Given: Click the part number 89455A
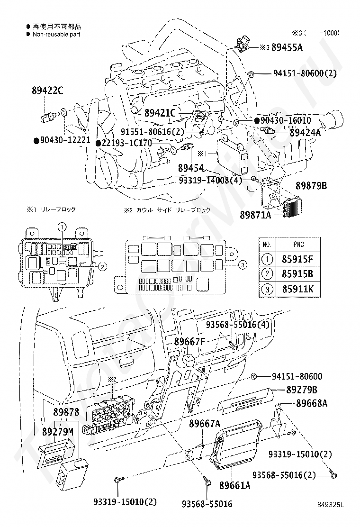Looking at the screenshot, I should [x=287, y=47].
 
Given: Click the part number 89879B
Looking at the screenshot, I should [x=311, y=186].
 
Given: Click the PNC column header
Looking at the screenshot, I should [x=298, y=245].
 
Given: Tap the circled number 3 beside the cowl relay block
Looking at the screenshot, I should [x=242, y=264].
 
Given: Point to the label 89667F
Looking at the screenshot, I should [x=189, y=341].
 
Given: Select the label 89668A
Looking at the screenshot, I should [x=312, y=404].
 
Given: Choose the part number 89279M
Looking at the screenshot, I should [x=58, y=432].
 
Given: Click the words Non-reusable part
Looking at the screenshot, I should [x=56, y=34].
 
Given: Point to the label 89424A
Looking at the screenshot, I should [x=305, y=133].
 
